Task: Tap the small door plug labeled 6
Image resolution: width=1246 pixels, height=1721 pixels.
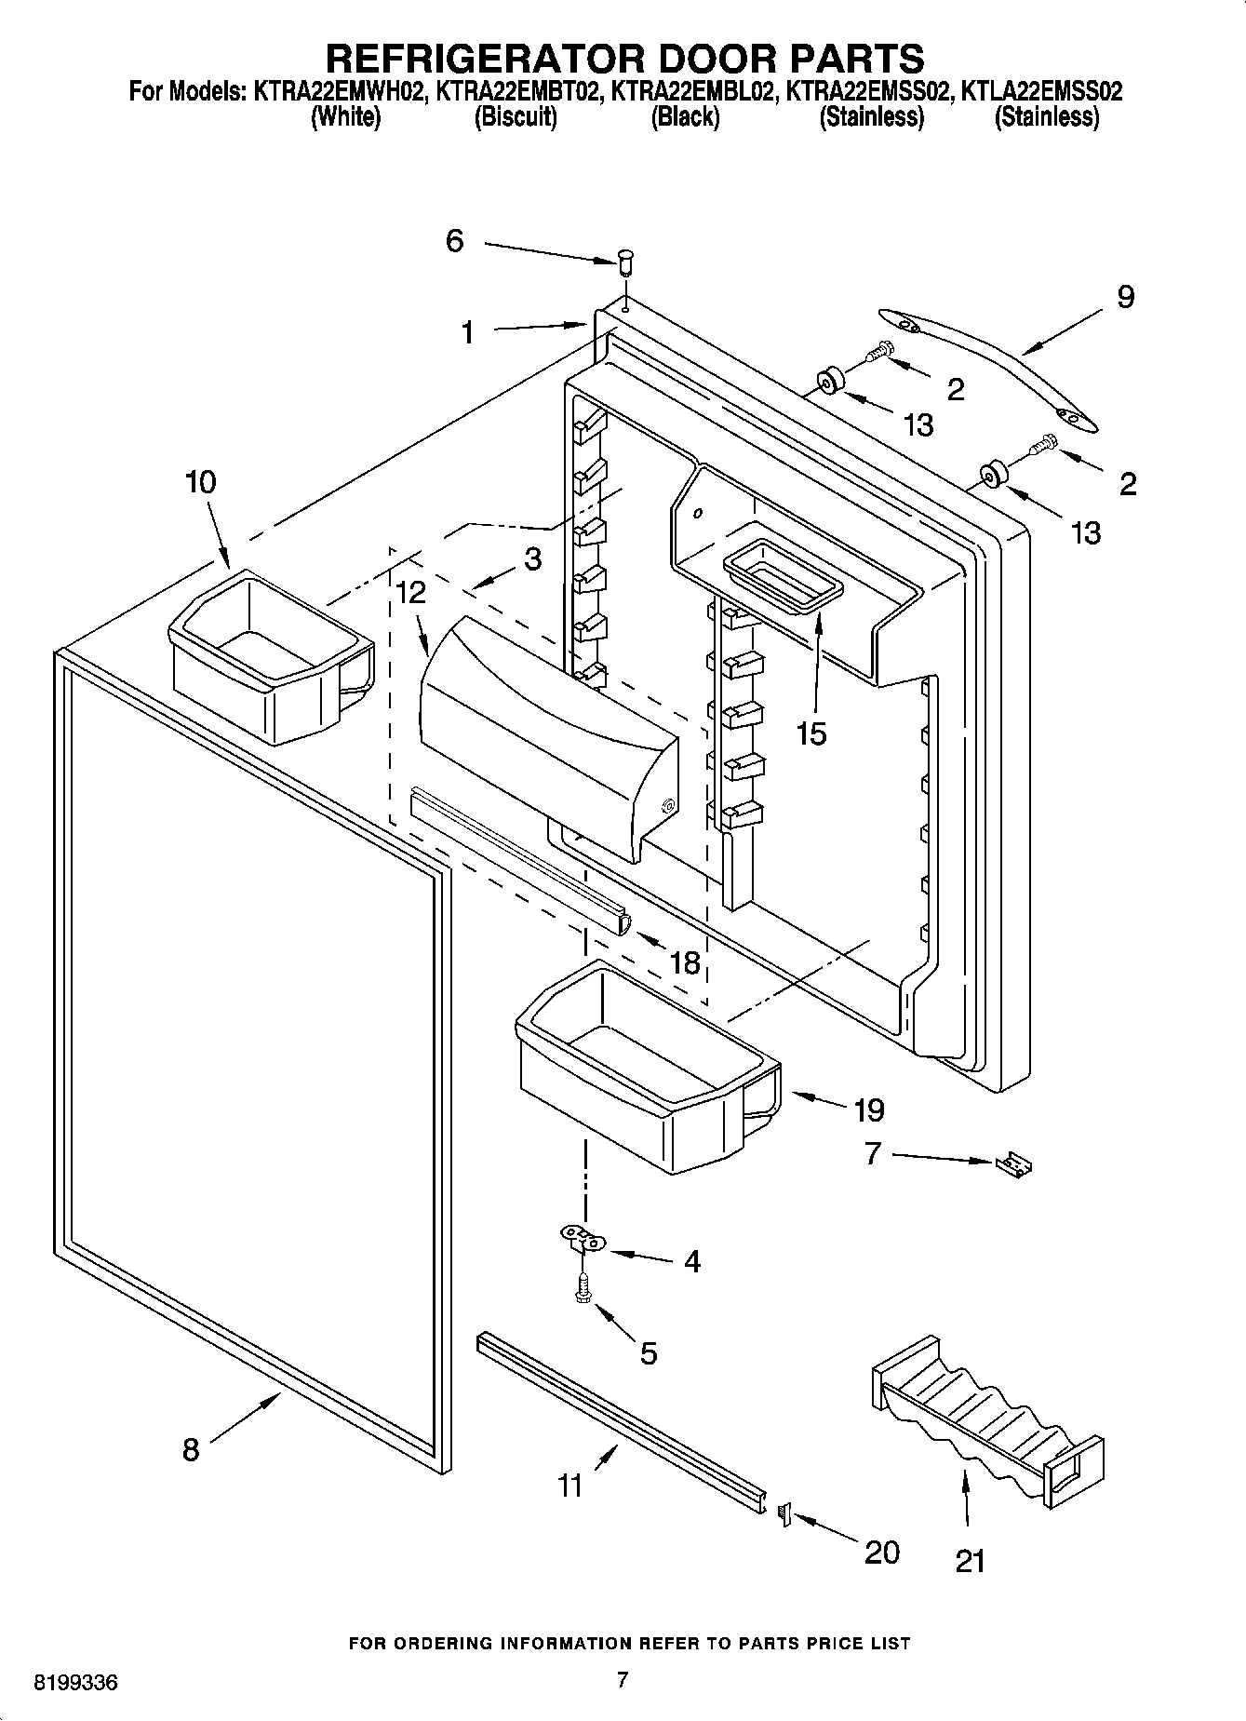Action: tap(625, 261)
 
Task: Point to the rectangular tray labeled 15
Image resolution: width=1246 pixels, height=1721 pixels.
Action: tap(782, 577)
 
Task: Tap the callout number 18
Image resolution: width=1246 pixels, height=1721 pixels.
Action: tap(685, 961)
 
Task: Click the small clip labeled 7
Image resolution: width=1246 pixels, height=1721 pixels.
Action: tap(1014, 1164)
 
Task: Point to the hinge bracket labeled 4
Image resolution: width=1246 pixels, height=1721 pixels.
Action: tap(583, 1239)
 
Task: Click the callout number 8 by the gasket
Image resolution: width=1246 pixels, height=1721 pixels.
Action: tap(191, 1449)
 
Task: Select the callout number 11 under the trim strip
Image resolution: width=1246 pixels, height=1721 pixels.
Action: tap(569, 1484)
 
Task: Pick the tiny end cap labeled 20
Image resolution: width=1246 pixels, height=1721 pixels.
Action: tap(783, 1514)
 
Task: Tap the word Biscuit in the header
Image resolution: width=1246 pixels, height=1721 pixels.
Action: tap(516, 117)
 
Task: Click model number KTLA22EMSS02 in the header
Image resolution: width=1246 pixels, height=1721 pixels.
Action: tap(1040, 91)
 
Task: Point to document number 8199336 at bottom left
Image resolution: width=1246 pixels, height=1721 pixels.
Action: tap(75, 1683)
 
